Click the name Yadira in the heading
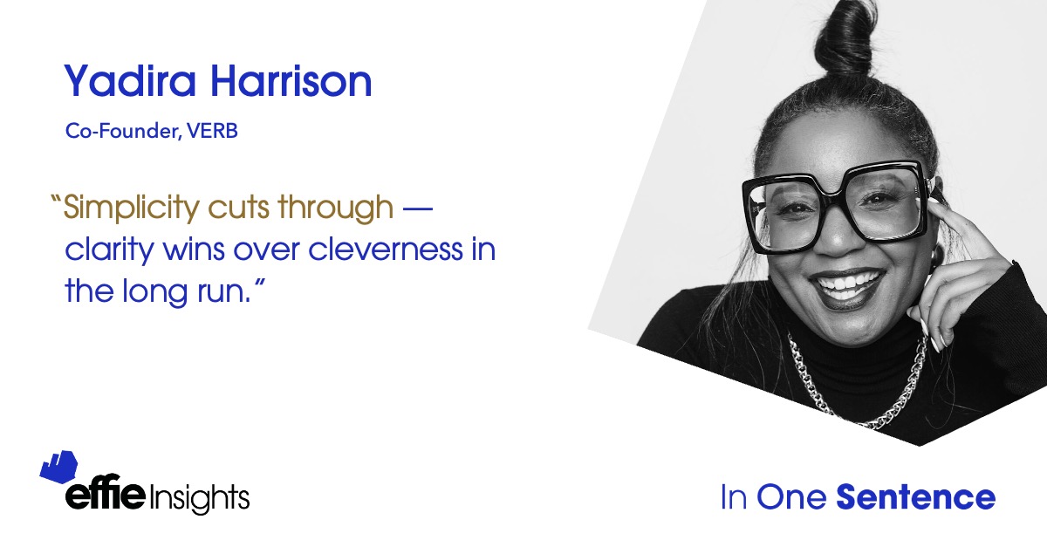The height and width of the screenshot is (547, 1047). coord(129,80)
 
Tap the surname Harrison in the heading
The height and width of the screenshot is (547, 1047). coord(291,80)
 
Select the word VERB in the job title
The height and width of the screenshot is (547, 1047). coord(213,131)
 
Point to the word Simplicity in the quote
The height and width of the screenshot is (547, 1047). coord(132,208)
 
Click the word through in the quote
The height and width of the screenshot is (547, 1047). coord(336,208)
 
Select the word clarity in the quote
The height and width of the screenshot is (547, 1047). coord(109,250)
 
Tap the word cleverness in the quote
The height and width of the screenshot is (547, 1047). coord(386,249)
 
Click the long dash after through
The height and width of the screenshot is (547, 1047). coord(417,209)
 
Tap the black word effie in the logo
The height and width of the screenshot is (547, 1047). coord(106,493)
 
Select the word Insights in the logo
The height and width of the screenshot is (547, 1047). coord(199,498)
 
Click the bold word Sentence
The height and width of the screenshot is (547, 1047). coord(915,497)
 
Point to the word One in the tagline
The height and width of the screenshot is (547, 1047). coord(791,497)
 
